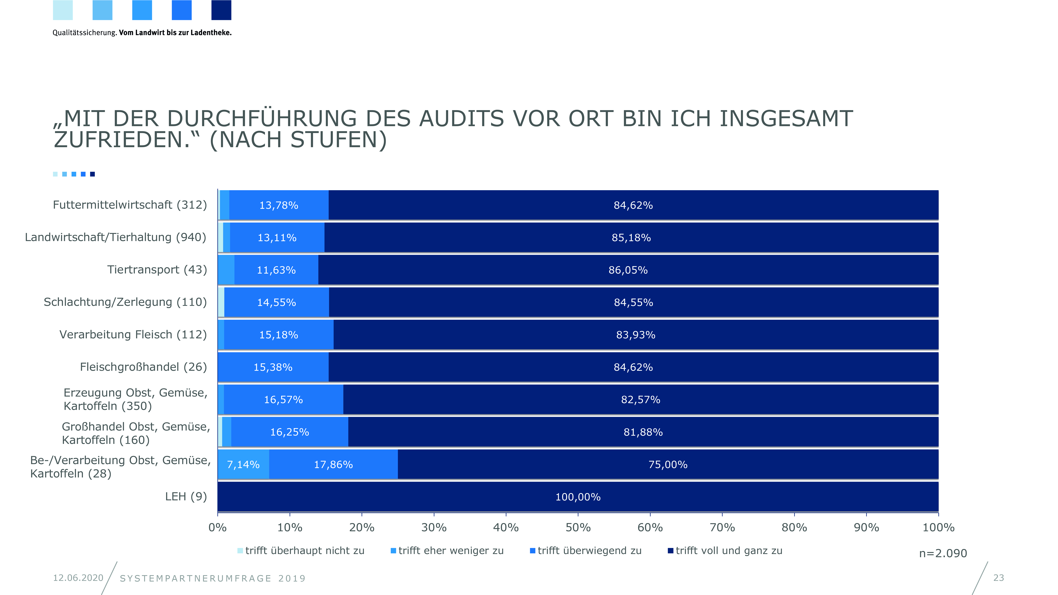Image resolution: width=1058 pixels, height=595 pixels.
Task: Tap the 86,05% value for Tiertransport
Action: coord(628,270)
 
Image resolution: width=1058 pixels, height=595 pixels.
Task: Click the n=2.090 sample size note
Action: coord(943,553)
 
